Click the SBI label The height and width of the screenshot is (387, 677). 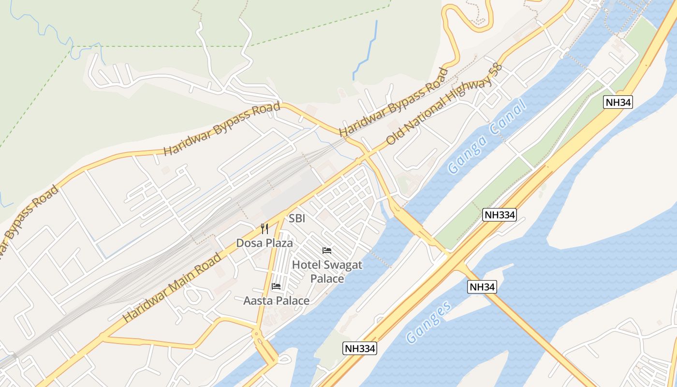click(x=297, y=219)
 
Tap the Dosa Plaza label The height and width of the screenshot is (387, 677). click(x=265, y=243)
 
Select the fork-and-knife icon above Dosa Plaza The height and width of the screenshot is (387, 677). click(x=265, y=229)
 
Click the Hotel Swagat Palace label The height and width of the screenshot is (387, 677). click(x=327, y=271)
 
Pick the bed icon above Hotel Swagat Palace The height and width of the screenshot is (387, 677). click(x=327, y=251)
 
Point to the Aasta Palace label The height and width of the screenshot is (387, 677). click(x=276, y=301)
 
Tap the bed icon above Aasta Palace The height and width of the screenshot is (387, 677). click(x=276, y=286)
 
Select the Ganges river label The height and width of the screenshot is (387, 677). click(x=429, y=322)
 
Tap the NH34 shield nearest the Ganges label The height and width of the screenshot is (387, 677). click(x=482, y=287)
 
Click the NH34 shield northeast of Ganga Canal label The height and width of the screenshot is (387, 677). click(x=618, y=102)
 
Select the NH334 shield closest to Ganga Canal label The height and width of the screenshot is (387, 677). click(x=500, y=215)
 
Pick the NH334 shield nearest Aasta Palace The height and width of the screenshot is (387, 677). click(x=360, y=348)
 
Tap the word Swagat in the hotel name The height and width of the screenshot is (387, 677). click(x=342, y=265)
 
